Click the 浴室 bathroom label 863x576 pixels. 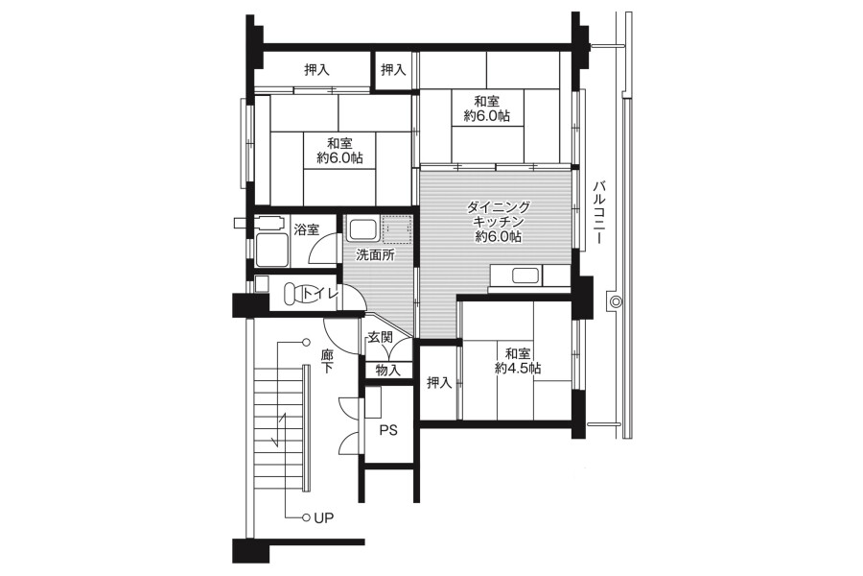[307, 229]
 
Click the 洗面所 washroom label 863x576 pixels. [375, 255]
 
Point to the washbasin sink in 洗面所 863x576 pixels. [362, 229]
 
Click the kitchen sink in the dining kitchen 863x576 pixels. [526, 276]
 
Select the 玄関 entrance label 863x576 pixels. [380, 337]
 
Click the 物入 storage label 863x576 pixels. [388, 370]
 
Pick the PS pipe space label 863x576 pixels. [388, 430]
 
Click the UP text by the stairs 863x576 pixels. [324, 517]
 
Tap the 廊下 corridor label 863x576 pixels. [327, 361]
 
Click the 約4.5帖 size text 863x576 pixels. [518, 368]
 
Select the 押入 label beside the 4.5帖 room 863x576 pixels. [439, 382]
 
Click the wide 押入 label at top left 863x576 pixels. [317, 69]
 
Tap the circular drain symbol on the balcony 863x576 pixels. [615, 301]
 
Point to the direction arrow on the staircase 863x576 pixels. [280, 430]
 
